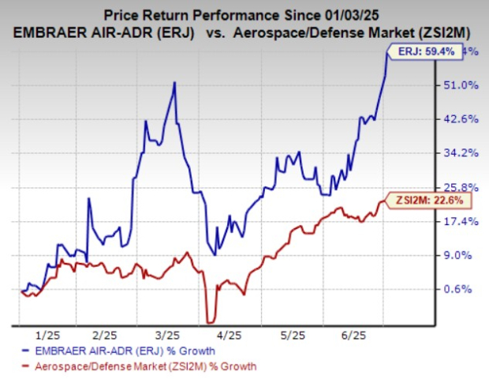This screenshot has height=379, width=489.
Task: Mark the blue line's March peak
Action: (x=174, y=82)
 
